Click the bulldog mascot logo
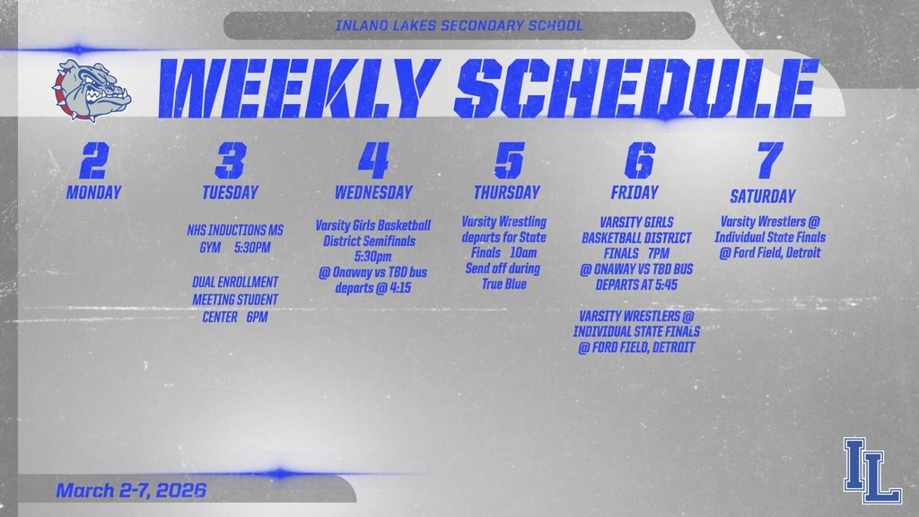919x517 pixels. tap(92, 90)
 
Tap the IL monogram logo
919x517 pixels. tap(871, 470)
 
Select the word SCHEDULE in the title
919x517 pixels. tap(635, 90)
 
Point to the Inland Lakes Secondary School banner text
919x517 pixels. tap(459, 25)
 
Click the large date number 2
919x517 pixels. tap(93, 161)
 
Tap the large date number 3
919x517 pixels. tap(230, 161)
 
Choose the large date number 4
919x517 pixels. tap(373, 161)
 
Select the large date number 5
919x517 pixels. tap(508, 161)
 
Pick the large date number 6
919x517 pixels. tap(639, 161)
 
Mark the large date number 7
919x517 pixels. tap(768, 161)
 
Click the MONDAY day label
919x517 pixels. tap(93, 192)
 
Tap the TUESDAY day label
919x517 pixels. tap(230, 192)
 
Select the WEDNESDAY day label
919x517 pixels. tap(373, 192)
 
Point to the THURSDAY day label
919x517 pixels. tap(507, 192)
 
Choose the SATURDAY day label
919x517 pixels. tap(763, 197)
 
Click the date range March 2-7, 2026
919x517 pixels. tap(131, 491)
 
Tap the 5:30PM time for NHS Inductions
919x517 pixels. tap(252, 247)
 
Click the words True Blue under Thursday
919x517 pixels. tap(503, 284)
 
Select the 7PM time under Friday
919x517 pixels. tap(658, 254)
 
